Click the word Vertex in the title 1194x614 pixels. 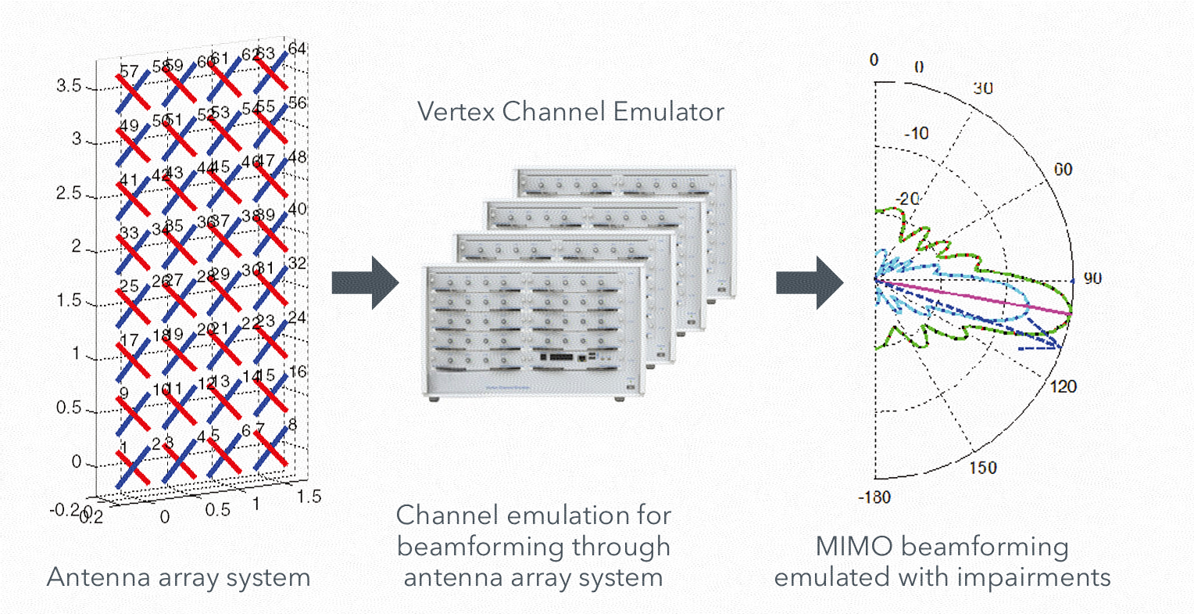[x=455, y=112]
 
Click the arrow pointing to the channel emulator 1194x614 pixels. [x=365, y=282]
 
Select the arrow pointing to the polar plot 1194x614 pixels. [x=809, y=282]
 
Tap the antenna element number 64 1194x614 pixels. [x=297, y=49]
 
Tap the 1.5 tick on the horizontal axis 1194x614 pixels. [x=309, y=497]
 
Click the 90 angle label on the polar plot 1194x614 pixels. [x=1092, y=278]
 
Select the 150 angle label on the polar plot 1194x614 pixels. [x=982, y=468]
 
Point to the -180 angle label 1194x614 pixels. [x=874, y=497]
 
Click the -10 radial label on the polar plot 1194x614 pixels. [x=916, y=134]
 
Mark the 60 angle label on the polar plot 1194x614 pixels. [x=1063, y=170]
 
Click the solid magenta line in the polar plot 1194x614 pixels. [x=977, y=296]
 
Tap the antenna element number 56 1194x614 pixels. [x=297, y=103]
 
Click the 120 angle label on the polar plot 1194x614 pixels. [x=1063, y=386]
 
